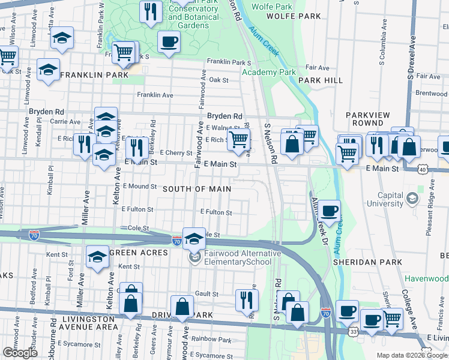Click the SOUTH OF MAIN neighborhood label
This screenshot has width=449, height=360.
click(x=197, y=188)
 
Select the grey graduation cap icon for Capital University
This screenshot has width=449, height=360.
click(x=412, y=197)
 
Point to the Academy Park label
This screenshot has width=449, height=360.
click(x=269, y=72)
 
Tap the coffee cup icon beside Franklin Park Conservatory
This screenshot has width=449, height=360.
click(x=168, y=42)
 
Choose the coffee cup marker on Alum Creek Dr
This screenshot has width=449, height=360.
click(x=329, y=211)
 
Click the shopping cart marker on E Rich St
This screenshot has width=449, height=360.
click(x=239, y=140)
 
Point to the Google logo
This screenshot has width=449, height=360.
click(x=20, y=353)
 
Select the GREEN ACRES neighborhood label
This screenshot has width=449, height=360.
click(x=135, y=251)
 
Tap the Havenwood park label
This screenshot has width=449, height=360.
click(x=426, y=278)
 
